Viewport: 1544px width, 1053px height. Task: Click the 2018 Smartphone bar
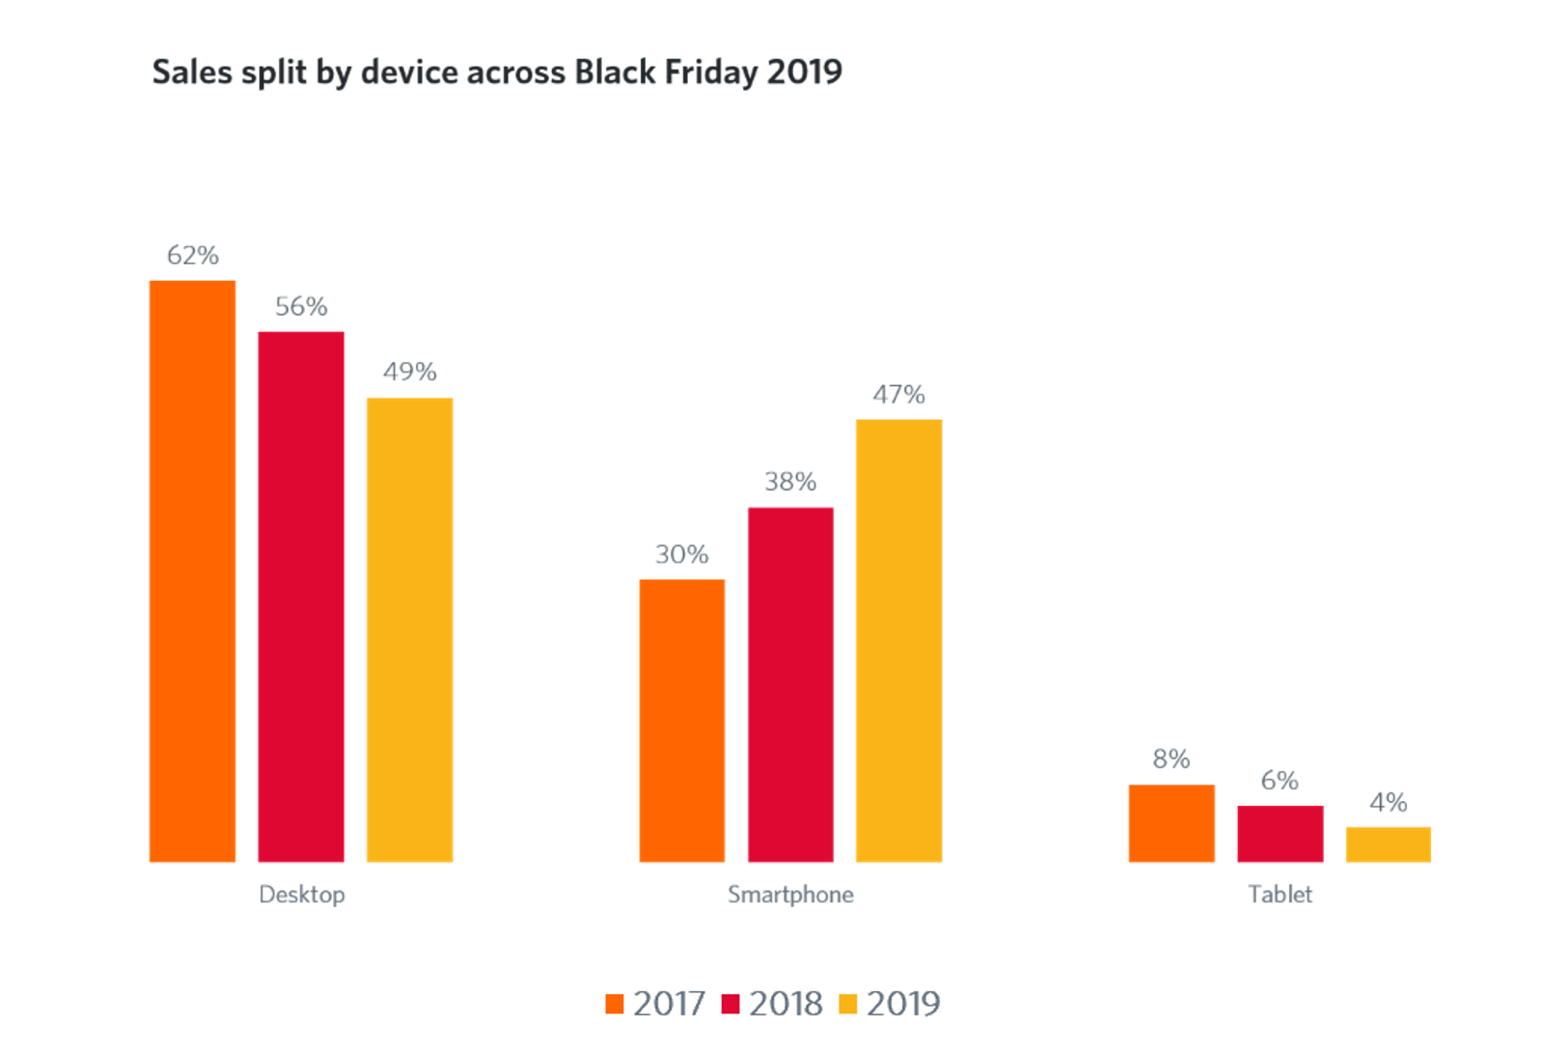790,684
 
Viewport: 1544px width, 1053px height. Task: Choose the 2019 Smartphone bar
898,641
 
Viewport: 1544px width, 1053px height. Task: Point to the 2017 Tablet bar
1172,823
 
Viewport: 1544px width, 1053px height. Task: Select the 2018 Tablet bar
1280,834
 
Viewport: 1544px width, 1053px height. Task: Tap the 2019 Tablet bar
1388,845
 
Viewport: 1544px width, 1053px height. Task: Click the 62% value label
193,255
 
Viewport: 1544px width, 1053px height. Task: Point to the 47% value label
898,395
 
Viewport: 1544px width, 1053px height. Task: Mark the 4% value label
1388,802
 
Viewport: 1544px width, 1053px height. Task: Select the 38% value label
790,481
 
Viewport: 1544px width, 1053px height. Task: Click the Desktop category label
302,895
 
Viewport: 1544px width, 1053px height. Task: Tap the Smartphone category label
790,895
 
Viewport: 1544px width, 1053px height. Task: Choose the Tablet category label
1281,895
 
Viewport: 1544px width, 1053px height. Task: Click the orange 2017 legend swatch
615,1004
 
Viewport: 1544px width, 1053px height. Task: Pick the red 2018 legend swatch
731,1004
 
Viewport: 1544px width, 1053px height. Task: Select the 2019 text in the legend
903,1004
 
